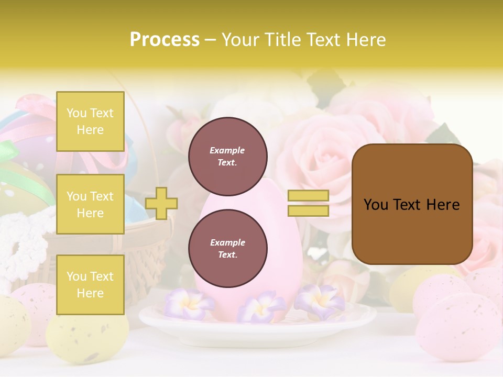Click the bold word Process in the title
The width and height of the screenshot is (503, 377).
pyautogui.click(x=165, y=40)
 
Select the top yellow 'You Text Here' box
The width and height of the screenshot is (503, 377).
pyautogui.click(x=90, y=121)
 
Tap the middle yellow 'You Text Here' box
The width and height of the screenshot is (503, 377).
pyautogui.click(x=90, y=204)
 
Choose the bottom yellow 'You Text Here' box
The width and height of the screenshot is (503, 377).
pyautogui.click(x=90, y=285)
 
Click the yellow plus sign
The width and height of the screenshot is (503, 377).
pyautogui.click(x=161, y=203)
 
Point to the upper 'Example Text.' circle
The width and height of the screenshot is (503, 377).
pyautogui.click(x=227, y=156)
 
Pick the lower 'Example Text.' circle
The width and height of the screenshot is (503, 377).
pyautogui.click(x=227, y=248)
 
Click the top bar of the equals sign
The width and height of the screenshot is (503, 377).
pyautogui.click(x=308, y=195)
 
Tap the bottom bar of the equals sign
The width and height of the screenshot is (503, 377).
pyautogui.click(x=308, y=210)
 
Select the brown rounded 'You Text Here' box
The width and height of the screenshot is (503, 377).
pyautogui.click(x=412, y=204)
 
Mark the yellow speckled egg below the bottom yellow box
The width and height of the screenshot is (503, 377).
pyautogui.click(x=86, y=338)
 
